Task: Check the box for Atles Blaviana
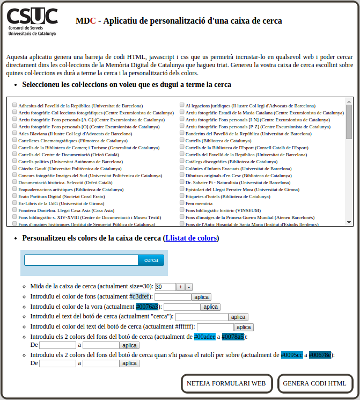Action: click(x=14, y=134)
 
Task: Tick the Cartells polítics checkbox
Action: click(x=14, y=162)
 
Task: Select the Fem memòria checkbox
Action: click(x=182, y=203)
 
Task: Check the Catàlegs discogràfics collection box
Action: click(x=182, y=162)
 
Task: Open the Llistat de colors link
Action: click(x=191, y=238)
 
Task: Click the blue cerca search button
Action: click(x=151, y=260)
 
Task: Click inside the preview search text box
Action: click(x=81, y=260)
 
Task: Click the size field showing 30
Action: click(x=165, y=287)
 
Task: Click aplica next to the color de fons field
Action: click(x=202, y=297)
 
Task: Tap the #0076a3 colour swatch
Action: click(x=147, y=307)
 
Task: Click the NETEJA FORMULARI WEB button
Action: click(x=226, y=383)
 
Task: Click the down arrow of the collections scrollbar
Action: click(x=349, y=222)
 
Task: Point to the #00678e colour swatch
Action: click(x=320, y=355)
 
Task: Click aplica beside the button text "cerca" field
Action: click(x=239, y=317)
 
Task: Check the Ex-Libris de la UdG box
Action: click(x=14, y=203)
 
